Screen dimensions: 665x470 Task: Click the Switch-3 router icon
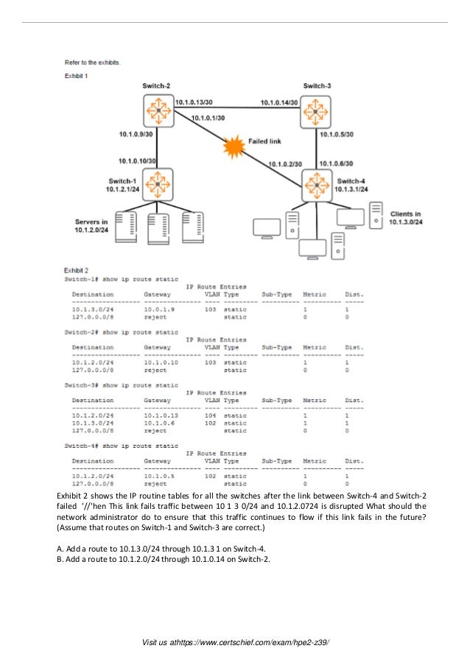coord(317,111)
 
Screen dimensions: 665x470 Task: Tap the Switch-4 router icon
coord(318,184)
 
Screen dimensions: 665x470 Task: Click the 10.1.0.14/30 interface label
coord(279,102)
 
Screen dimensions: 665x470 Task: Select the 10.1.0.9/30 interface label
coord(136,134)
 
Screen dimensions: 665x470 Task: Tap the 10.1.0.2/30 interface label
coord(285,164)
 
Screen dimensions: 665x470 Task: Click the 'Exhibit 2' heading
coord(76,270)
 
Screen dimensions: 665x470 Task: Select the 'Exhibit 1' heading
coord(76,75)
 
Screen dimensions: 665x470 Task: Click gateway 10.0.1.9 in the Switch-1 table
coord(159,310)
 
